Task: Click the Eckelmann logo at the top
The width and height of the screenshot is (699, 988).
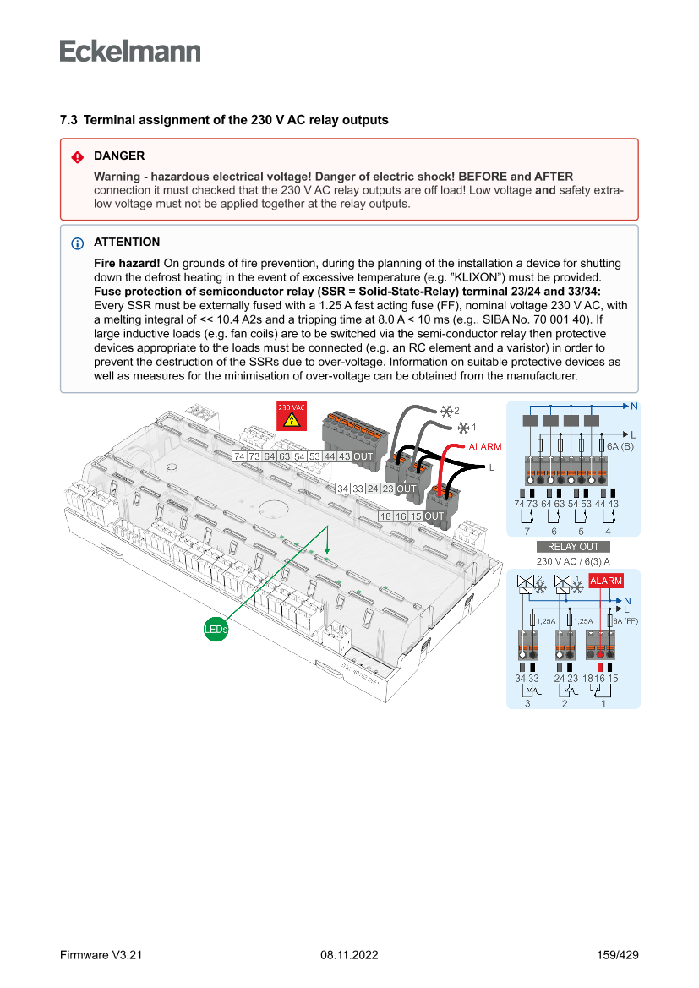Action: [130, 51]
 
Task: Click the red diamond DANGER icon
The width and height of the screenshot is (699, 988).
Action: [77, 156]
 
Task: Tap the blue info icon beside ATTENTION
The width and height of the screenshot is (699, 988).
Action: [77, 243]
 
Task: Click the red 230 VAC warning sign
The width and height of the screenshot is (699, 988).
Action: [292, 416]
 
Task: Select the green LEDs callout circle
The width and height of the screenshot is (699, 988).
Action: [216, 629]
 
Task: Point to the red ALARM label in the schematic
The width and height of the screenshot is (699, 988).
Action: [605, 581]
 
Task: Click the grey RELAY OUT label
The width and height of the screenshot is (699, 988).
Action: [573, 547]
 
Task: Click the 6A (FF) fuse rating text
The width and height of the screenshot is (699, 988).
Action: [625, 620]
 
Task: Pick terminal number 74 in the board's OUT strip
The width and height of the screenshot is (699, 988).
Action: [240, 456]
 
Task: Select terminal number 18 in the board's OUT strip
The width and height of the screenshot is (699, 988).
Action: [385, 516]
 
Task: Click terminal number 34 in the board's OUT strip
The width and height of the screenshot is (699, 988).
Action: [343, 489]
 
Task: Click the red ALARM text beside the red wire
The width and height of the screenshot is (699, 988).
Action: [485, 446]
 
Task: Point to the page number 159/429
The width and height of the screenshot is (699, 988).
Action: [617, 955]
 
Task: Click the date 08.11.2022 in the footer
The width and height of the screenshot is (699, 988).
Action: [349, 955]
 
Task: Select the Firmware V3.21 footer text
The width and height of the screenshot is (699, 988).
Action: [101, 955]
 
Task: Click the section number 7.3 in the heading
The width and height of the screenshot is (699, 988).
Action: [68, 120]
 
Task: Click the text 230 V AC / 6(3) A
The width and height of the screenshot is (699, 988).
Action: [573, 560]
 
